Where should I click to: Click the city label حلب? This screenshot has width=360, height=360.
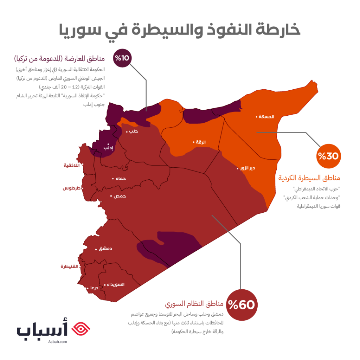(134, 131)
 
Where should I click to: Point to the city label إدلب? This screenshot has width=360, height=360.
(108, 148)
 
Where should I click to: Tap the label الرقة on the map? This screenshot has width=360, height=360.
(201, 142)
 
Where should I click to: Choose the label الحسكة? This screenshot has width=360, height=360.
(266, 117)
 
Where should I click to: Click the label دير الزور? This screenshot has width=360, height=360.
(247, 168)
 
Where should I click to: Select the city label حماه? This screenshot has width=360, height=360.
(120, 179)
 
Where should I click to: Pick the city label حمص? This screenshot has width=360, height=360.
(120, 196)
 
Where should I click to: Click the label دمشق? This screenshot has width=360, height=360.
(106, 249)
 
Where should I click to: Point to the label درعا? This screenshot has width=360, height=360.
(94, 288)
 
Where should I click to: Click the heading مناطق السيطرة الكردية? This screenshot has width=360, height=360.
(309, 178)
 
